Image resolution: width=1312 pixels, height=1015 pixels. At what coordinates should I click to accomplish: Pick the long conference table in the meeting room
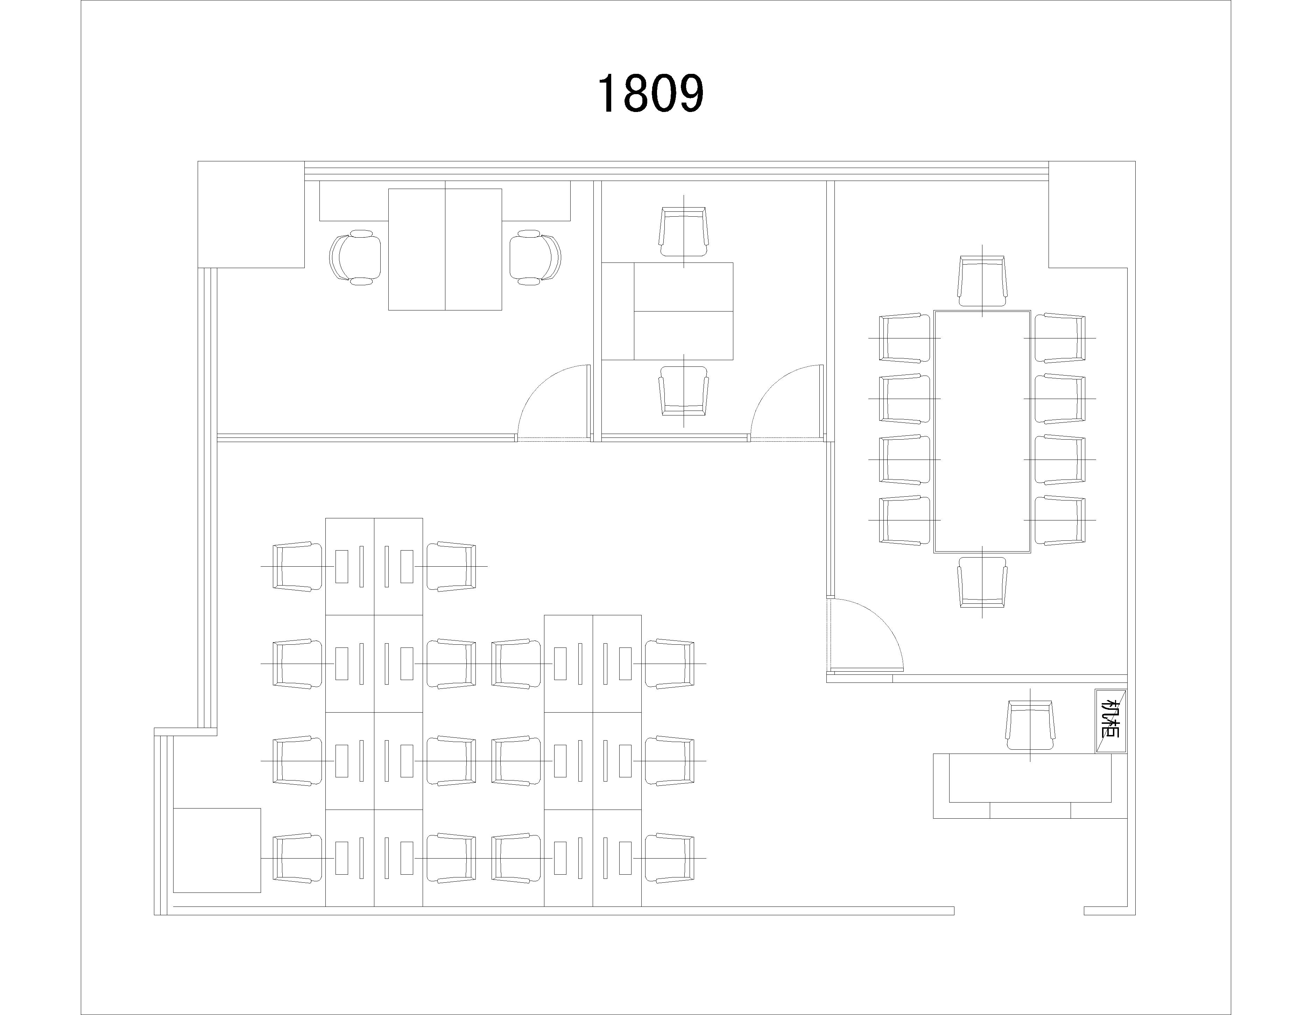tap(982, 432)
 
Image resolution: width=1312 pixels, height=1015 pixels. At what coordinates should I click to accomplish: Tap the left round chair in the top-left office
tap(355, 257)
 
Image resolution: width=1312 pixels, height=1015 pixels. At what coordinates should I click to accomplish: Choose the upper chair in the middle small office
tap(684, 232)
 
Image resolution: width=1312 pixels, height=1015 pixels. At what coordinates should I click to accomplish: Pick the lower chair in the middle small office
tap(684, 391)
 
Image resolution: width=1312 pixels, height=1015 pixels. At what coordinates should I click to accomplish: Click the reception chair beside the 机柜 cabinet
tap(1031, 725)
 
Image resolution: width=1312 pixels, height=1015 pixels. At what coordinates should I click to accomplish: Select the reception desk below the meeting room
tap(1030, 785)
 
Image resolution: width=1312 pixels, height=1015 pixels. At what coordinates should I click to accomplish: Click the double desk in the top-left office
tap(445, 250)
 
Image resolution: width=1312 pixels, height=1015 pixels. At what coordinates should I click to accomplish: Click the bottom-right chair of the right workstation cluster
tap(670, 858)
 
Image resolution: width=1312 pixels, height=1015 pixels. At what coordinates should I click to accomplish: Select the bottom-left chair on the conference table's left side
tap(905, 520)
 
